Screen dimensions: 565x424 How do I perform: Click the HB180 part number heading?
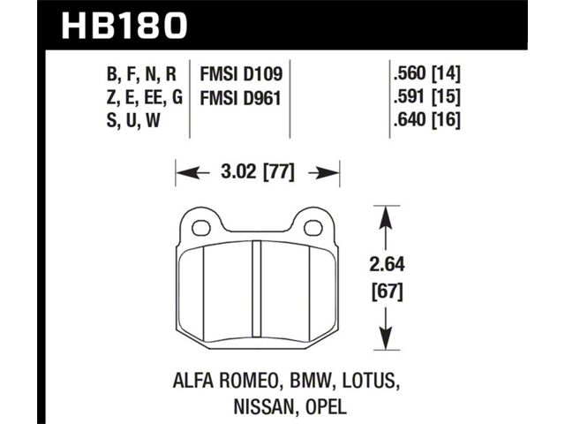click(x=124, y=26)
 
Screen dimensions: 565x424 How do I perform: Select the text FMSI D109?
click(x=241, y=74)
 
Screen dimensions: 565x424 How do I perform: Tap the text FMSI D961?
click(x=240, y=98)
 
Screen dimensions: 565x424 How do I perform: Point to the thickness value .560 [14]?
click(x=427, y=74)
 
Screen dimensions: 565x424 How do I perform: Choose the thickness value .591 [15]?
click(x=427, y=96)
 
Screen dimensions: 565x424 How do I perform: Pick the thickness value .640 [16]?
click(x=427, y=120)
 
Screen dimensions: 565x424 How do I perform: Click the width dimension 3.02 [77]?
click(x=258, y=172)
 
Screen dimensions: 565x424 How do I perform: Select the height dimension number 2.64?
click(x=387, y=265)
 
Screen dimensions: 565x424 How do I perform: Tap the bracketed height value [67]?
click(x=387, y=291)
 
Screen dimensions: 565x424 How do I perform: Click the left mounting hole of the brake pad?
click(x=201, y=228)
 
